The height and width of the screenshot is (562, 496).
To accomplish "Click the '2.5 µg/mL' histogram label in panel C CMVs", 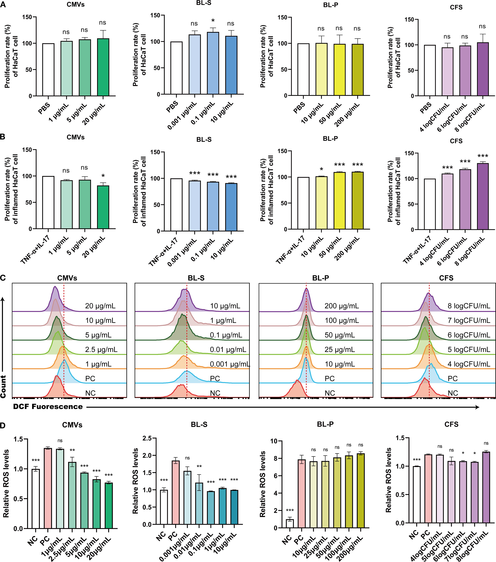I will pos(101,349).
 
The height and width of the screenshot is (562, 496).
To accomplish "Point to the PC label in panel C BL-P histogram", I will pos(330,379).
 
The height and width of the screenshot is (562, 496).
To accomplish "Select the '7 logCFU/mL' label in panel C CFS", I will pos(469,320).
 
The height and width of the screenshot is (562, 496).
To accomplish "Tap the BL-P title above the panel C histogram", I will pos(320,278).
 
